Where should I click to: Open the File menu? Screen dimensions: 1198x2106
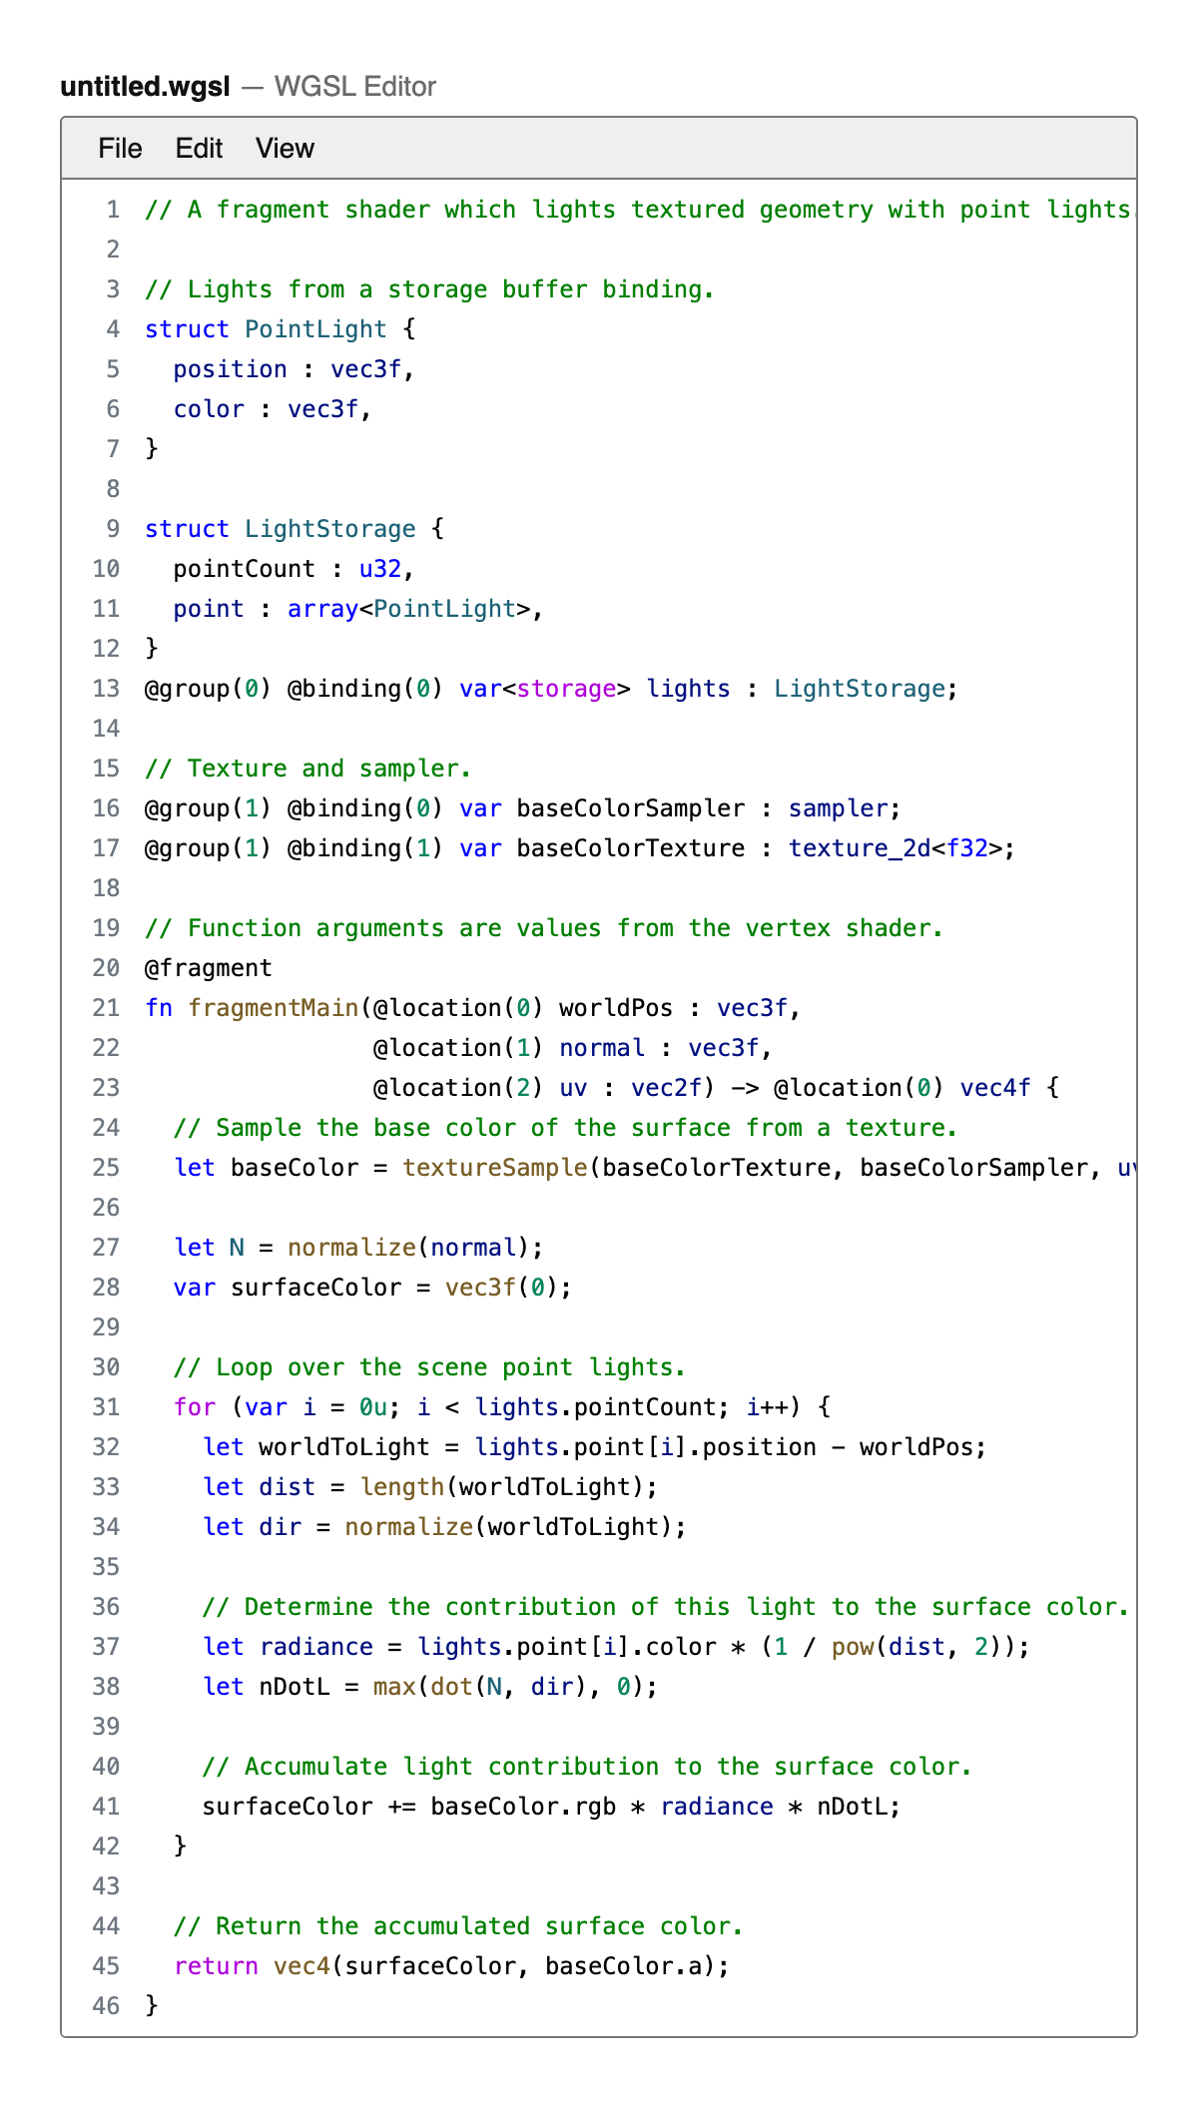click(x=120, y=149)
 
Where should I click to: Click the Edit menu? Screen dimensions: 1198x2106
click(x=199, y=149)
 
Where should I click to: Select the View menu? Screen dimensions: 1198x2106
click(x=285, y=149)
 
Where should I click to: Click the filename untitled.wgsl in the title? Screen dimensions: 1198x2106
click(x=145, y=87)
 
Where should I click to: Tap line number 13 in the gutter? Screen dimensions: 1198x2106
click(x=106, y=689)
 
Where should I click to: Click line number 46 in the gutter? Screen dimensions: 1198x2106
click(x=106, y=2005)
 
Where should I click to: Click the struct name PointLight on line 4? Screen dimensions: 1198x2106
click(x=315, y=329)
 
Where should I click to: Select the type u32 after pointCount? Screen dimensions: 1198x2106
click(x=380, y=569)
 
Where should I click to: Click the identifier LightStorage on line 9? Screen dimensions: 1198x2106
click(x=330, y=529)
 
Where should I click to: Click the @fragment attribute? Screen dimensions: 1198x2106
click(x=209, y=968)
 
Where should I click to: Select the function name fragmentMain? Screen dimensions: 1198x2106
click(x=274, y=1008)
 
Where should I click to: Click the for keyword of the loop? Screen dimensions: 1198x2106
click(x=195, y=1407)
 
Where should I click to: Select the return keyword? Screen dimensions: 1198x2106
click(x=216, y=1966)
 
